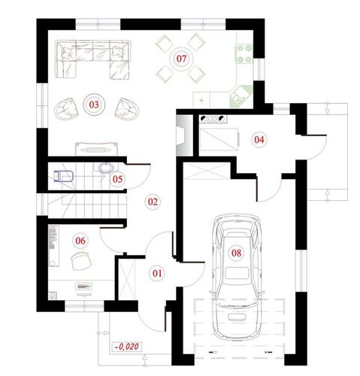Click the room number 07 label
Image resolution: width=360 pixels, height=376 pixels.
click(x=181, y=59)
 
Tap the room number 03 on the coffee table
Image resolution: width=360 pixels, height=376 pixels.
click(x=94, y=105)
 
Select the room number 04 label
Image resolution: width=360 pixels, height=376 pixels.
click(x=259, y=139)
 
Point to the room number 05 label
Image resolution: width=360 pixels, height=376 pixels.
click(x=117, y=179)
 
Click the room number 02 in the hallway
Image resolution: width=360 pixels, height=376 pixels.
click(x=153, y=202)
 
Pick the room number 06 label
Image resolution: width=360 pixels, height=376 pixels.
click(x=80, y=241)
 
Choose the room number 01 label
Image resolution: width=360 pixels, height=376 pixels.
click(x=157, y=273)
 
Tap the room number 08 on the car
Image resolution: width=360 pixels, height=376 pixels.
click(x=236, y=253)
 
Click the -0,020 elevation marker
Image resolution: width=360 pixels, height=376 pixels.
click(x=127, y=347)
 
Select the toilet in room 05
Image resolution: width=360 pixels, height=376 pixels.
click(x=64, y=176)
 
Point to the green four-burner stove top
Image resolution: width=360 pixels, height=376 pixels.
click(x=244, y=53)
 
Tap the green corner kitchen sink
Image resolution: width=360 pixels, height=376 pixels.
click(x=241, y=96)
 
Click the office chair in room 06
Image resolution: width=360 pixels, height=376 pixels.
click(x=81, y=261)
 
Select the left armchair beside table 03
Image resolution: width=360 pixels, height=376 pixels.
click(x=66, y=108)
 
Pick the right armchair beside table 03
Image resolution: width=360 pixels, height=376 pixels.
click(x=127, y=108)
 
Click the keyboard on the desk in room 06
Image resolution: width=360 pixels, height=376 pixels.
click(x=83, y=286)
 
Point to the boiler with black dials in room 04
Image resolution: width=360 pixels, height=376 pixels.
click(x=213, y=118)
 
